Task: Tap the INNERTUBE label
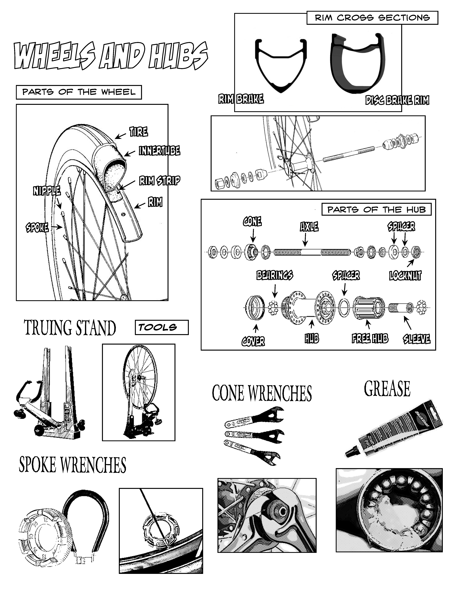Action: [x=159, y=150]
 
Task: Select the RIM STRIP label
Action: [x=159, y=180]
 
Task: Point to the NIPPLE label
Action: [x=47, y=191]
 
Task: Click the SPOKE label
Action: [x=37, y=227]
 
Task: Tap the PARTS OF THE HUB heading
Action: [x=376, y=209]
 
